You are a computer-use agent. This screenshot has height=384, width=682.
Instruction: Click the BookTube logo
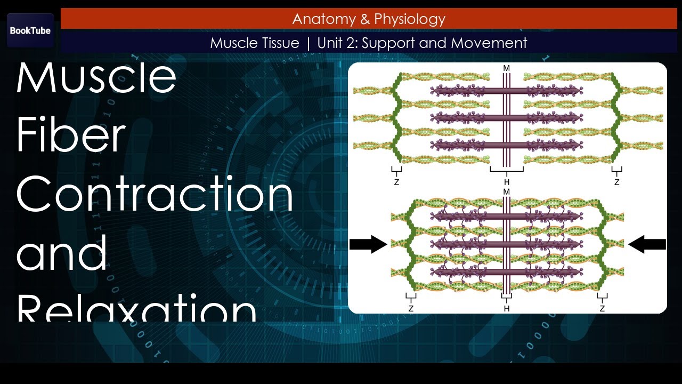point(30,30)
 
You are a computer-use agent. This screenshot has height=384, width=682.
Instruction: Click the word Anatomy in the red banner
point(318,19)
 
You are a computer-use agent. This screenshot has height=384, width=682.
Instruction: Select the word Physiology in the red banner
point(410,19)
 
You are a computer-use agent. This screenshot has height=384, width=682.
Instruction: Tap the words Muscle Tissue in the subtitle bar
point(255,43)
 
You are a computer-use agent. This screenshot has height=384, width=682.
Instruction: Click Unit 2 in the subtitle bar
point(337,43)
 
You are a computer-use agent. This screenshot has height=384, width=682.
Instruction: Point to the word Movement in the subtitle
point(493,43)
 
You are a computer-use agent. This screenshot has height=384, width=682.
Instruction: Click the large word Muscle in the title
point(96,78)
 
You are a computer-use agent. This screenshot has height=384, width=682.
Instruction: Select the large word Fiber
point(71,136)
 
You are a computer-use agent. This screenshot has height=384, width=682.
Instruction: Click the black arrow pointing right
point(368,244)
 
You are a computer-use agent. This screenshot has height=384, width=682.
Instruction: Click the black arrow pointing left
point(647,244)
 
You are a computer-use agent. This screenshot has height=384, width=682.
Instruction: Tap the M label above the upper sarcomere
point(507,69)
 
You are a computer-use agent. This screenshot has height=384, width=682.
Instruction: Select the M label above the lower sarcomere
point(507,191)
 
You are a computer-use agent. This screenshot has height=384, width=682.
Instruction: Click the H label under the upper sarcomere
point(507,182)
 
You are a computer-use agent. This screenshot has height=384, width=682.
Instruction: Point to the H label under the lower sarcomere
point(507,308)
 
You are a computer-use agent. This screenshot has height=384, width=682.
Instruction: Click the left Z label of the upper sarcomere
point(396,182)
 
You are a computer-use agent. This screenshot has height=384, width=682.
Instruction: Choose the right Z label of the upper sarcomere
point(617,182)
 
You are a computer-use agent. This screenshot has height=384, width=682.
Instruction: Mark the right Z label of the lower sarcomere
point(602,308)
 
